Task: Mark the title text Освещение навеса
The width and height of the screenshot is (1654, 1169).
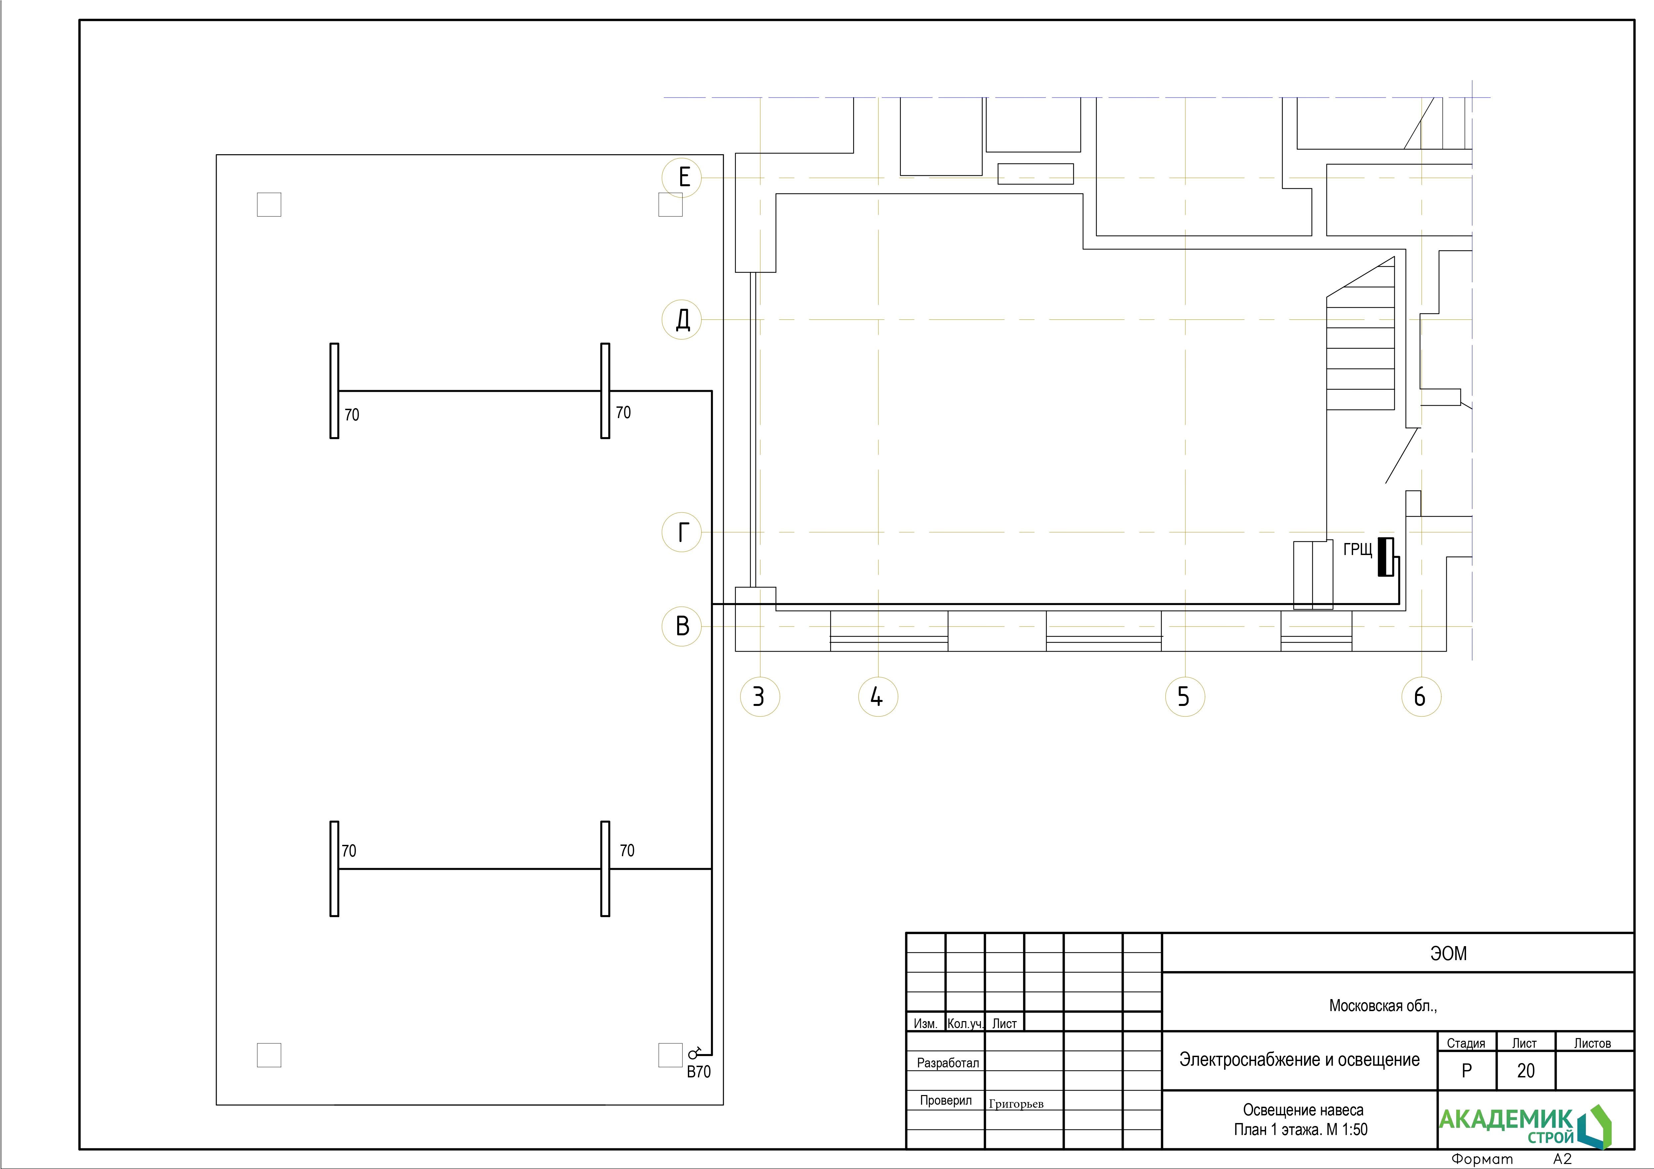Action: (x=1303, y=1110)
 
